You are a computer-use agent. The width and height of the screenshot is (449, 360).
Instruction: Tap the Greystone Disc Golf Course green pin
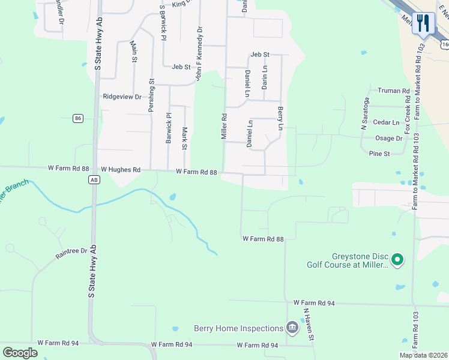396,260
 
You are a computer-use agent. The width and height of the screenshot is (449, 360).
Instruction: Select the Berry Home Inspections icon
292,327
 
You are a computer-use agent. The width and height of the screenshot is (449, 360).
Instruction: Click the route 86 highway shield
78,119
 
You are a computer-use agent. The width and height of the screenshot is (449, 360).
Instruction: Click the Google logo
20,353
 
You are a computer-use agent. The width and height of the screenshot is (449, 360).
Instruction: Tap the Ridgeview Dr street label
122,96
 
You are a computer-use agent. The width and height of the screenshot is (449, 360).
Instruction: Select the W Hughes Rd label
121,170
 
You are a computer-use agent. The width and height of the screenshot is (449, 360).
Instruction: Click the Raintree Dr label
71,254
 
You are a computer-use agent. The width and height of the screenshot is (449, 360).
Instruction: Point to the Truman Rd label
393,91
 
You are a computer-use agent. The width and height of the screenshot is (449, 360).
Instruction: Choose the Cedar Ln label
386,122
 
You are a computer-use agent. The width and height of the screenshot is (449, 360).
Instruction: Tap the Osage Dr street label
388,138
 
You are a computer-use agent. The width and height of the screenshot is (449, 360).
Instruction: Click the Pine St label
379,154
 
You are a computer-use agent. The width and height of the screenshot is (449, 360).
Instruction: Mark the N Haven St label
309,325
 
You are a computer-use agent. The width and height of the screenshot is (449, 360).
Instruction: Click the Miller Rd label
224,127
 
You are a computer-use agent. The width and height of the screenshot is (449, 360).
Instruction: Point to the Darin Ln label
264,77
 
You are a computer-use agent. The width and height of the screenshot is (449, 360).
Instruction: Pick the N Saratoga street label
363,115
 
